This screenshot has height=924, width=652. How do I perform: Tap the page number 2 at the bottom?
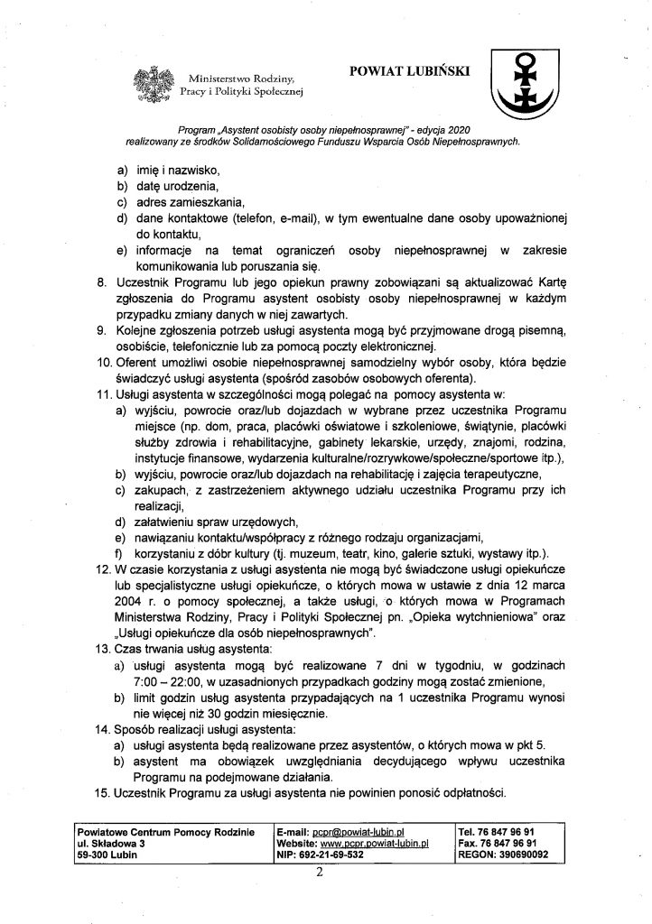(x=321, y=873)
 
